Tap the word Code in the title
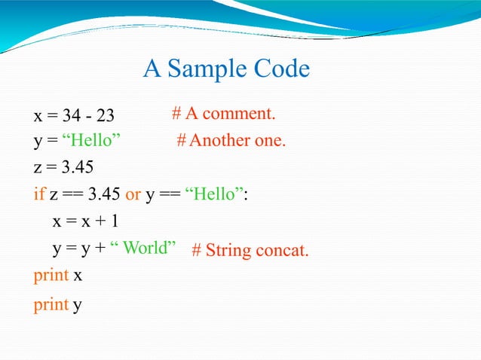point(280,69)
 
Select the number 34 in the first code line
point(72,116)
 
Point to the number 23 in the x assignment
point(105,116)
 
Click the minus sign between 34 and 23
point(88,117)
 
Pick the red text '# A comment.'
point(223,114)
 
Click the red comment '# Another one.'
point(231,141)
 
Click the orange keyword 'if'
point(39,194)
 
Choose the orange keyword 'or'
point(133,194)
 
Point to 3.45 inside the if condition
point(104,194)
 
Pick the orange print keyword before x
point(51,276)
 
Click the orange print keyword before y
point(51,305)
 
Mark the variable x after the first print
point(77,276)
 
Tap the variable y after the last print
point(77,306)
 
